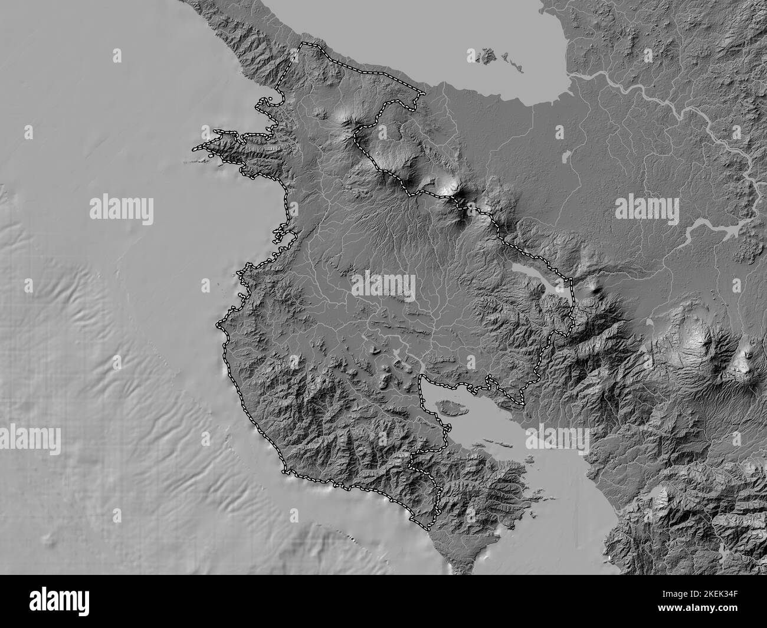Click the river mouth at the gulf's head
point(421,377)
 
